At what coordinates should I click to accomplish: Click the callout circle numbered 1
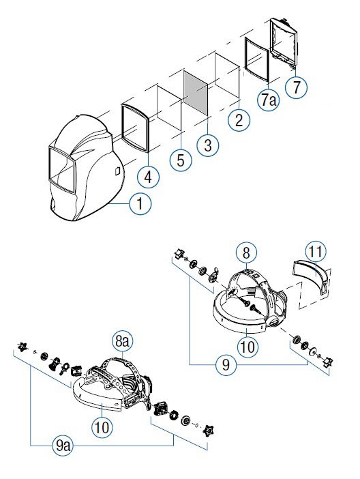[x=140, y=204]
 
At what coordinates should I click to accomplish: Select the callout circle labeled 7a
[x=269, y=100]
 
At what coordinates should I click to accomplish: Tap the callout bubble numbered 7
[x=296, y=87]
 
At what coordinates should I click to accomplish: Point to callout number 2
[x=239, y=119]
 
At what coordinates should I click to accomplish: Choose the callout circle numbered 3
[x=208, y=145]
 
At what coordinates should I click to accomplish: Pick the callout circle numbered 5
[x=181, y=160]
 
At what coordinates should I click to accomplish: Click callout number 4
[x=148, y=177]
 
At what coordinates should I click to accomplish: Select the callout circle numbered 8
[x=246, y=253]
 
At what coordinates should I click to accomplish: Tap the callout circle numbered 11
[x=316, y=252]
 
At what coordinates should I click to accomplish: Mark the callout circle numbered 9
[x=226, y=365]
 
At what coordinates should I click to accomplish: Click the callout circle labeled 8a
[x=122, y=341]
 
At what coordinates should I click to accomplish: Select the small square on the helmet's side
[x=117, y=171]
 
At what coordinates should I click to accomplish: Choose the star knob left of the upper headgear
[x=178, y=254]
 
